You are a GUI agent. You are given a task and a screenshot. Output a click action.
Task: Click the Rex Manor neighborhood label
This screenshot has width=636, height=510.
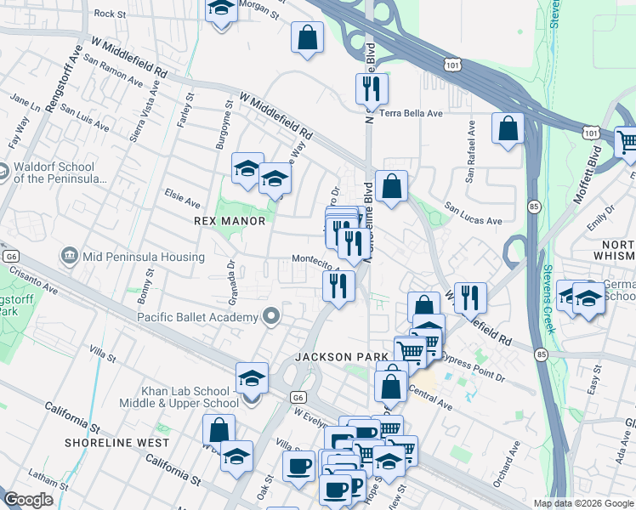tap(230, 221)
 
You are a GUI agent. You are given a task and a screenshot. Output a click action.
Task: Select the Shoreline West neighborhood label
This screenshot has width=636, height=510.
tap(117, 443)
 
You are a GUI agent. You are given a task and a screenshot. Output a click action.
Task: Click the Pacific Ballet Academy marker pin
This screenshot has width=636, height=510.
tap(271, 318)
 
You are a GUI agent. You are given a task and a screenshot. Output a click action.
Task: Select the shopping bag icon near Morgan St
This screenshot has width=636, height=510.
tap(307, 37)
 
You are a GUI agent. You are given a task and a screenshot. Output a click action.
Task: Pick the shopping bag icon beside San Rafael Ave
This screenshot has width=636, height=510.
tap(508, 129)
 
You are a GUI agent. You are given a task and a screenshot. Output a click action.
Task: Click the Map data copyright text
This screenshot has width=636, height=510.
tap(582, 503)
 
